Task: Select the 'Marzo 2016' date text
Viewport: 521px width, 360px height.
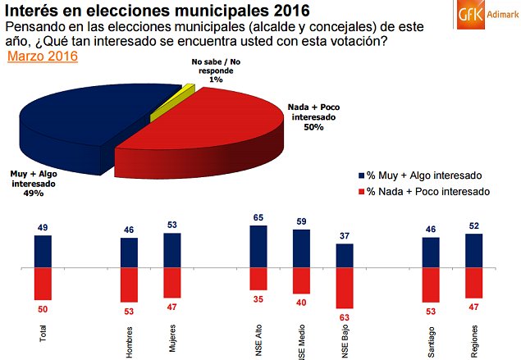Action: coord(42,57)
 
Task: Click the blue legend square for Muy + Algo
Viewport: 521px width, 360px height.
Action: coord(362,175)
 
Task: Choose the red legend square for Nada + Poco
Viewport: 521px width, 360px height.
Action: coord(362,190)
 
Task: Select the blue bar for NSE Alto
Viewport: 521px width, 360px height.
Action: coord(258,246)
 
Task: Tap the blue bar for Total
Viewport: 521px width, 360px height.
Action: coord(43,252)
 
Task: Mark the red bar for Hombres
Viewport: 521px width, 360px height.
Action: coord(129,286)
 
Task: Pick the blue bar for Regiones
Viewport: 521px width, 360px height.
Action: coord(474,250)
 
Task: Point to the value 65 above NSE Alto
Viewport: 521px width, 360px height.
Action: coord(258,218)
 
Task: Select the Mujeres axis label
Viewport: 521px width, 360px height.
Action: coord(172,339)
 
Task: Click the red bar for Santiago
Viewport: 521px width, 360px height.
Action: coord(432,286)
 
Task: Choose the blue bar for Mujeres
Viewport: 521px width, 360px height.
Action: coord(172,250)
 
